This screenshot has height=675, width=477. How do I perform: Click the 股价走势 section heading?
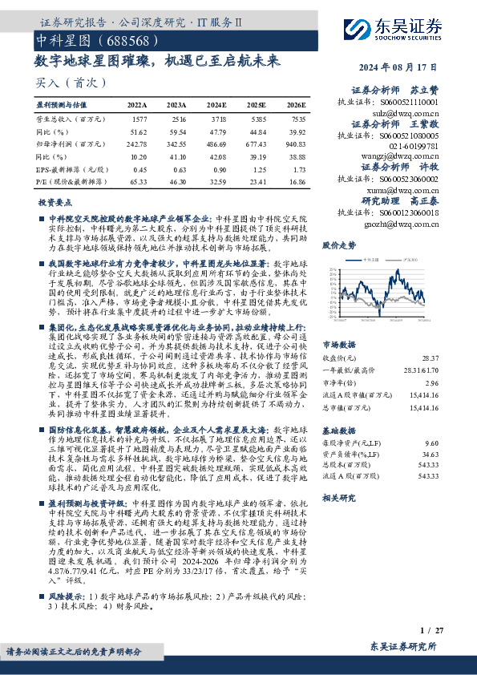[x=338, y=245]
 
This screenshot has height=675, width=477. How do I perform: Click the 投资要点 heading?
[x=55, y=204]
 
